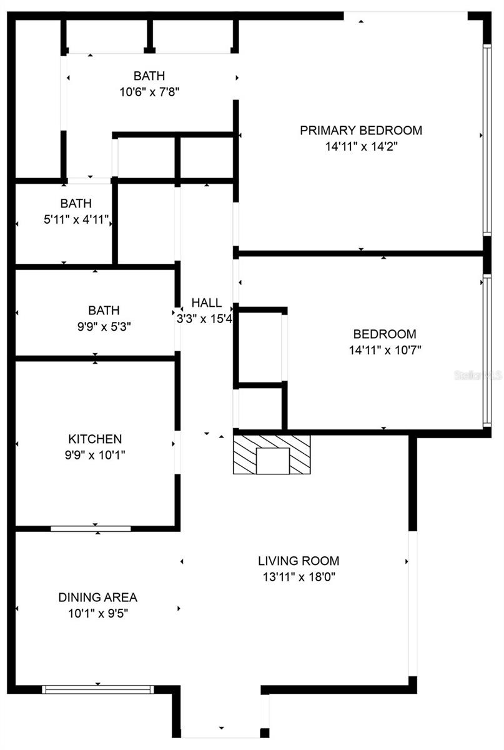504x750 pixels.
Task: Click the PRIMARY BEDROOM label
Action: pyautogui.click(x=361, y=131)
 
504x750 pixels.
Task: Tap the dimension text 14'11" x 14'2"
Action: pyautogui.click(x=361, y=147)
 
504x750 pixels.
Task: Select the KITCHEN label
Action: pyautogui.click(x=95, y=439)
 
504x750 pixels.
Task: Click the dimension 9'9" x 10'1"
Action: pyautogui.click(x=95, y=455)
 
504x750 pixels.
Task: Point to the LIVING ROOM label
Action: pyautogui.click(x=299, y=561)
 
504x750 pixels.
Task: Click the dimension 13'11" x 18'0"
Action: pyautogui.click(x=299, y=577)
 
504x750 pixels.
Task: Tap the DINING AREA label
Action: pyautogui.click(x=97, y=597)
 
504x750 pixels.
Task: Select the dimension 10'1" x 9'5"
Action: pyautogui.click(x=97, y=614)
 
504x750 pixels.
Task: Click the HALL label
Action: pyautogui.click(x=206, y=302)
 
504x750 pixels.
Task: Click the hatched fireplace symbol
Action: pyautogui.click(x=272, y=454)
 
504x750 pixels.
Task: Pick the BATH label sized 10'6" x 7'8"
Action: pyautogui.click(x=149, y=76)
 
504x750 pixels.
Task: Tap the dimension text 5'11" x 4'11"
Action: pyautogui.click(x=76, y=220)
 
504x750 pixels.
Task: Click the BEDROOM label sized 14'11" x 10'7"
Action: pyautogui.click(x=385, y=334)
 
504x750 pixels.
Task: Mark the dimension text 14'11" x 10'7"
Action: pyautogui.click(x=385, y=350)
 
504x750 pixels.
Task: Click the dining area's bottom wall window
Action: pyautogui.click(x=97, y=689)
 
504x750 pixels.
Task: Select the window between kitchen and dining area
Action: pyautogui.click(x=91, y=529)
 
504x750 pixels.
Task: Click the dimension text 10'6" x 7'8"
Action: pyautogui.click(x=149, y=92)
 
